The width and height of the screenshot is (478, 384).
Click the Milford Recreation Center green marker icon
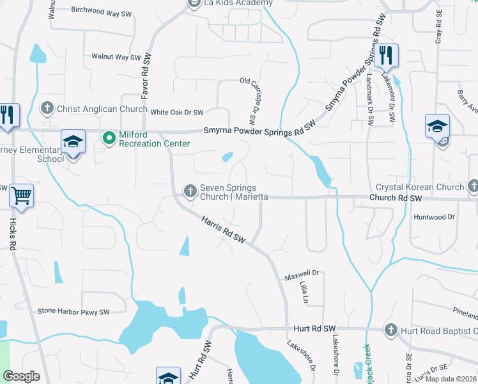(x=109, y=136)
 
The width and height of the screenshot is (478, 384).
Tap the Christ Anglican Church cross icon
(x=47, y=108)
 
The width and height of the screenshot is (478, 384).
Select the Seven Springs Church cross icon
(x=190, y=191)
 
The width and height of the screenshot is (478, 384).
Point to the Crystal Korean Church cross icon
(x=473, y=186)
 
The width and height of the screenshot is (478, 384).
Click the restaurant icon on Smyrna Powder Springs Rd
(x=385, y=55)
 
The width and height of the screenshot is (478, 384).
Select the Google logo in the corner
(x=22, y=376)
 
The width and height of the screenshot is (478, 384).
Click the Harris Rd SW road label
(x=224, y=230)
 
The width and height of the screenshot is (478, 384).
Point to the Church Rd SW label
(x=396, y=198)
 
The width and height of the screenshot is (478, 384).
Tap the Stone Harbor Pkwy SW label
(x=73, y=312)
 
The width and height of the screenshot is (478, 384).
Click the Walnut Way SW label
(x=116, y=57)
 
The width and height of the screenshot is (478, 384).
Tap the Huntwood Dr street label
(x=434, y=217)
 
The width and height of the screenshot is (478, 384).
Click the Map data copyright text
(x=452, y=379)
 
